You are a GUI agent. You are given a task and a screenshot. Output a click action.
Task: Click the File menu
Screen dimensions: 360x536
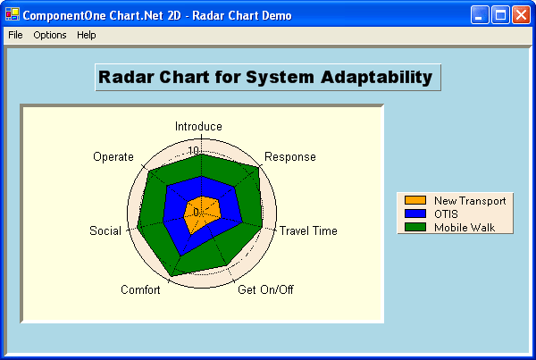[x=15, y=35]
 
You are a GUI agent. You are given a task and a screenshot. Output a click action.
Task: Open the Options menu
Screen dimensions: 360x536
[x=50, y=35]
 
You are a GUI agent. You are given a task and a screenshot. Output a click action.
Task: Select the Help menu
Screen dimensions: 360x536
[x=86, y=35]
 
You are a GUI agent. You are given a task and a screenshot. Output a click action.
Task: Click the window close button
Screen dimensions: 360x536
[x=521, y=14]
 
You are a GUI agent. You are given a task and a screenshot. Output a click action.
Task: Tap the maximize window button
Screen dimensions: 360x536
[x=500, y=14]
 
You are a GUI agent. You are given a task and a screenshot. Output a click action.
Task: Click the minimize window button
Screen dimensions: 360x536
[x=481, y=14]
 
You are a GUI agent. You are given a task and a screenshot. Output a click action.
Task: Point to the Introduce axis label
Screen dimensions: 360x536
[x=198, y=127]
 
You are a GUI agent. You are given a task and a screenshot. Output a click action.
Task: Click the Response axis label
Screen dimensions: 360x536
[x=290, y=157]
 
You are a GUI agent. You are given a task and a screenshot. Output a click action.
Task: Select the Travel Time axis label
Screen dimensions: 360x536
[x=308, y=231]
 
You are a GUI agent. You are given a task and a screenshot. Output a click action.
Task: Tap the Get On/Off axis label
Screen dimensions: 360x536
[x=265, y=289]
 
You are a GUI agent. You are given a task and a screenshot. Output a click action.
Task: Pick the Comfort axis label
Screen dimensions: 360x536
[x=140, y=289]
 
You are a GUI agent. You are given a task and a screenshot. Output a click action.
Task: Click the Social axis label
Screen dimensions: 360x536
[x=105, y=231]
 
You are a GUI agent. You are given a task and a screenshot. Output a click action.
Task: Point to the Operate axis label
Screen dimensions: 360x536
[x=113, y=157]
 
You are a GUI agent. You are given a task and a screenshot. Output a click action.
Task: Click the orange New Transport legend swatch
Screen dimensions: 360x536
[x=415, y=201]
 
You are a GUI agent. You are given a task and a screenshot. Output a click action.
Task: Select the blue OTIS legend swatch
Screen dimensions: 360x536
[x=415, y=214]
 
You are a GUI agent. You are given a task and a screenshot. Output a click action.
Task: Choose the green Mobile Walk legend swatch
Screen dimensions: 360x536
[x=415, y=228]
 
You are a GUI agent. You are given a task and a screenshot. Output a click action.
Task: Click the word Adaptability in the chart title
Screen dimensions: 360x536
[x=373, y=77]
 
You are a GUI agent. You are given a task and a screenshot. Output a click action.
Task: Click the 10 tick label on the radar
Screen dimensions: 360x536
[x=193, y=151]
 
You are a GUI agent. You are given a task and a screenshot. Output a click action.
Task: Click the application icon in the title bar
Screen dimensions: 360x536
[x=12, y=14]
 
